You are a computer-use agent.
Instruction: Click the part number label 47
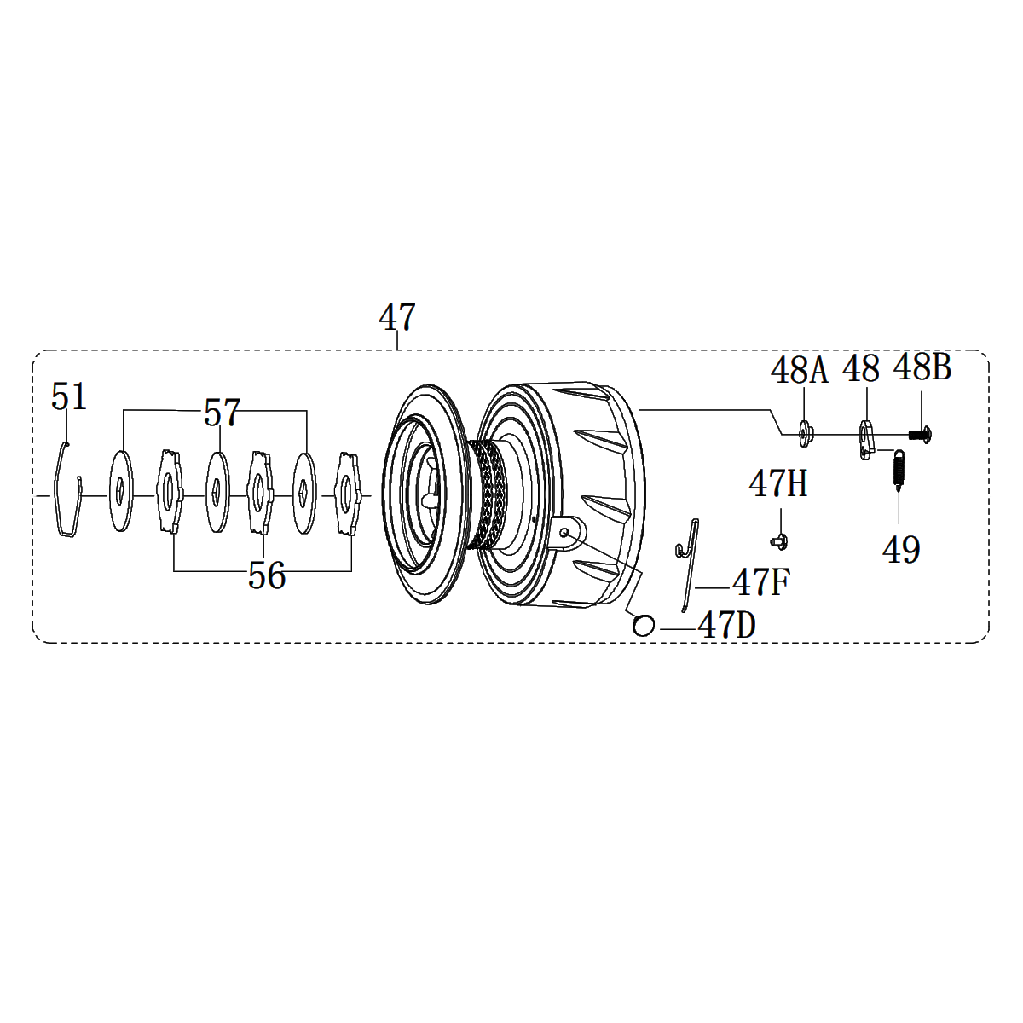[396, 317]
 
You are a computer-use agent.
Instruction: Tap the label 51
[69, 396]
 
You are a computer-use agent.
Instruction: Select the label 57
[223, 413]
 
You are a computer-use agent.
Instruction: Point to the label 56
[267, 575]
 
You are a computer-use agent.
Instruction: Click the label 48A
[799, 370]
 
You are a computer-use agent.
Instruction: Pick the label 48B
[922, 367]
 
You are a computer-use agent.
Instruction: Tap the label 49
[901, 550]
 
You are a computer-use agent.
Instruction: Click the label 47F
[760, 582]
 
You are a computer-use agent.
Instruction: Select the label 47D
[727, 625]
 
